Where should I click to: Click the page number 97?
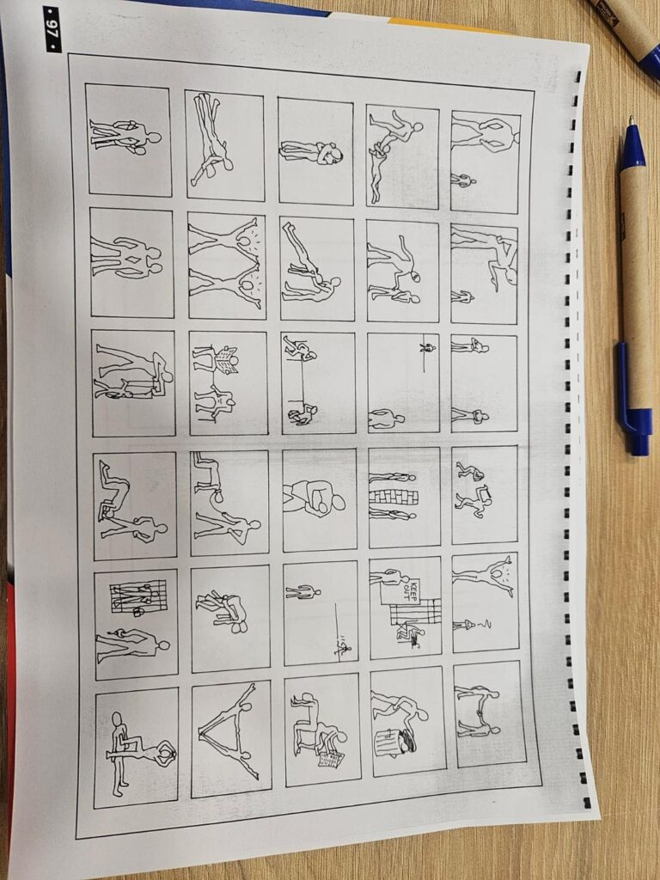[52, 29]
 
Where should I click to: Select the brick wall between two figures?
[394, 497]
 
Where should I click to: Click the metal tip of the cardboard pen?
[632, 121]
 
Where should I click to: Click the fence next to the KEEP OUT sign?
[415, 612]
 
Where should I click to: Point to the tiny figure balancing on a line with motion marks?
[343, 647]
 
